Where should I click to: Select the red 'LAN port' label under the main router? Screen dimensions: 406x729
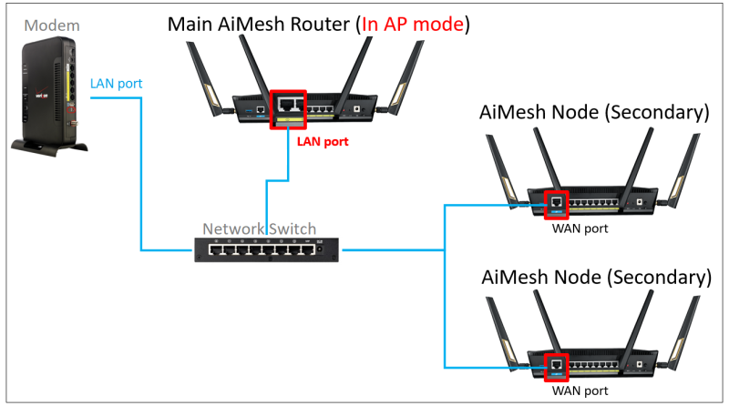pyautogui.click(x=323, y=142)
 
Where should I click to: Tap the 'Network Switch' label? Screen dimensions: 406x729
pyautogui.click(x=261, y=228)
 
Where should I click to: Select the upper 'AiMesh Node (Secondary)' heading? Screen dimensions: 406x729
pyautogui.click(x=594, y=113)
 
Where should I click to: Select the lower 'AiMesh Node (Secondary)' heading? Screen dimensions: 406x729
pyautogui.click(x=594, y=276)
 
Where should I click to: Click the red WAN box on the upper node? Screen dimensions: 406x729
pyautogui.click(x=556, y=205)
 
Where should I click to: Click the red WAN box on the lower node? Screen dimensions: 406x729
pyautogui.click(x=556, y=368)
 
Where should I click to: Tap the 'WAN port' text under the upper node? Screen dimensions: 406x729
pyautogui.click(x=580, y=228)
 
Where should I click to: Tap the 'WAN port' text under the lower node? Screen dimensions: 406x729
pyautogui.click(x=580, y=392)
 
